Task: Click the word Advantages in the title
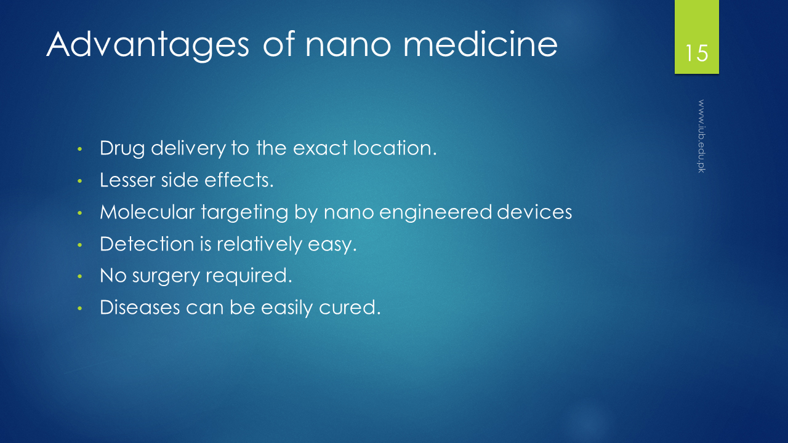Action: [148, 46]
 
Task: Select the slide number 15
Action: [696, 53]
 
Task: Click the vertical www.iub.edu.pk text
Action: [701, 136]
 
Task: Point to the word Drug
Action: [122, 148]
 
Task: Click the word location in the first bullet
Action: [395, 148]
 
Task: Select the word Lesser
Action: [127, 180]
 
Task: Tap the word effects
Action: [239, 180]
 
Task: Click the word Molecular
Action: [147, 212]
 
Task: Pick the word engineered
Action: [435, 213]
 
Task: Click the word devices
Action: [534, 212]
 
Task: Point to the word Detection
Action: [147, 244]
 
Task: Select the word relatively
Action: [259, 244]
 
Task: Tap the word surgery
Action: [166, 276]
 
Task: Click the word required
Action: [249, 276]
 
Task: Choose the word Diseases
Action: [140, 308]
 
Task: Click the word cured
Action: [350, 308]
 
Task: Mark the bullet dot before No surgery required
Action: [80, 276]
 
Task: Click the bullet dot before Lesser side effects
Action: [80, 181]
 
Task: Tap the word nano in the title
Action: [348, 46]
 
